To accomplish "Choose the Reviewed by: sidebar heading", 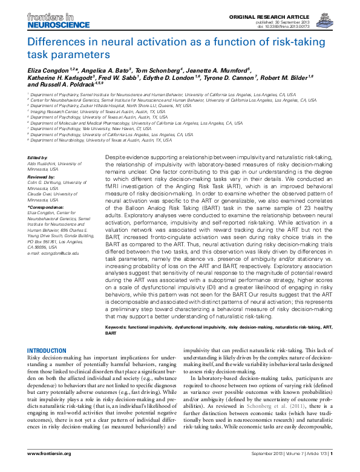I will (x=42, y=178).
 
